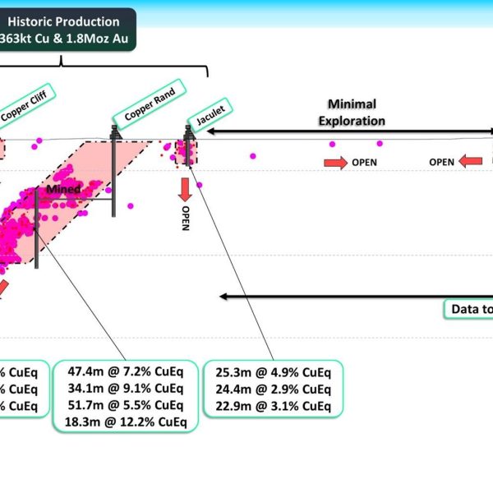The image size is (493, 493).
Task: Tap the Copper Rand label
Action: [150, 102]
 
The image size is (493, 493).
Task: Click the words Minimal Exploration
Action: [352, 112]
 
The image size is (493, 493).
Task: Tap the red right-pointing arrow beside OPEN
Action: [335, 163]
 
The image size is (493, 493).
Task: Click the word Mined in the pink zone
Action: [63, 190]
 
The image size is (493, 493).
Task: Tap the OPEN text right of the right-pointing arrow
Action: [364, 163]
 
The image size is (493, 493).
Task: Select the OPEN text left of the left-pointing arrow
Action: [441, 163]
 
